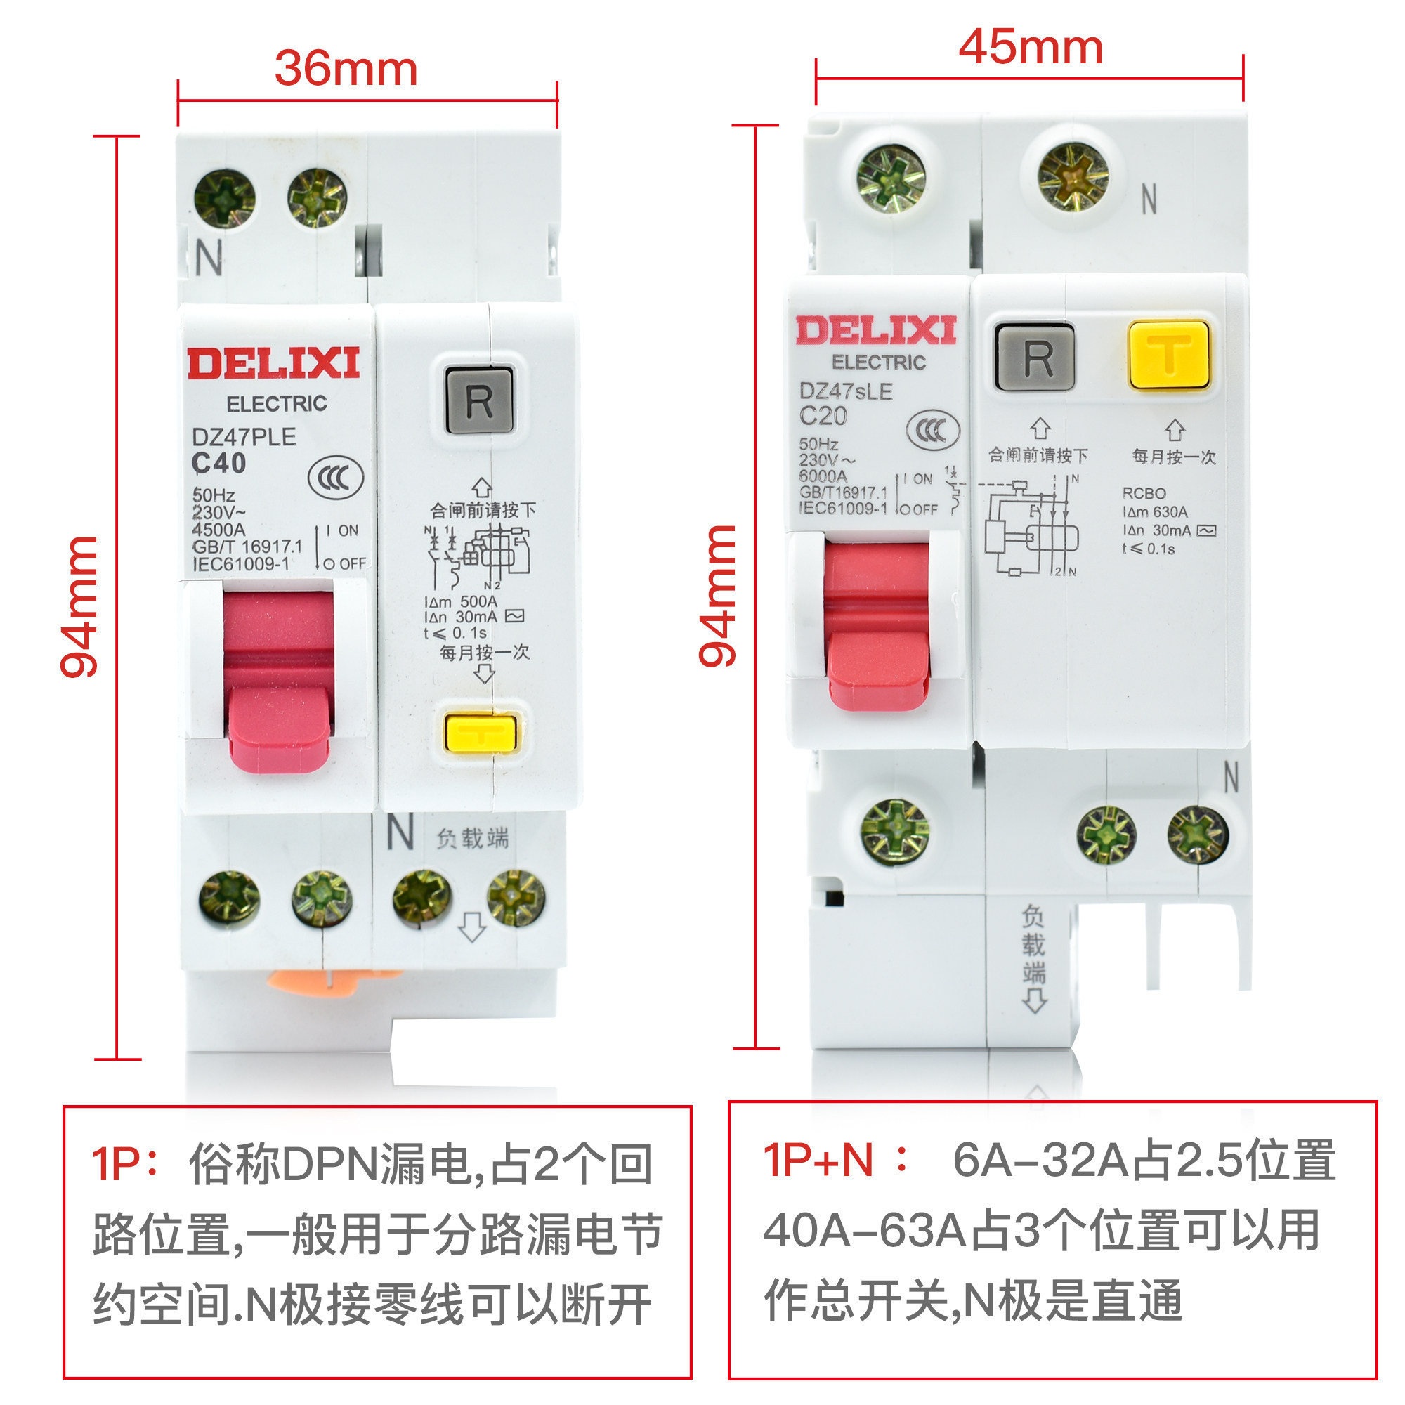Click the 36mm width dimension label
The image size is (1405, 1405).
(346, 69)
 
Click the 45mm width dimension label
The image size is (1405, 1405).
(1031, 47)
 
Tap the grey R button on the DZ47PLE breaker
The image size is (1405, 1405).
(479, 400)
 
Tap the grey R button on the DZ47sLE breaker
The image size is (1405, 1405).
(1035, 357)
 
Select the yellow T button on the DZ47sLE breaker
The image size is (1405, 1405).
(1169, 355)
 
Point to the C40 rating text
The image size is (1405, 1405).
(219, 463)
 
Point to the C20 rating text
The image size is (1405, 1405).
(823, 416)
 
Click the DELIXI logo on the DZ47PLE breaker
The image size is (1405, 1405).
(273, 364)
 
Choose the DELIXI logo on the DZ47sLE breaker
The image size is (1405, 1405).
(875, 331)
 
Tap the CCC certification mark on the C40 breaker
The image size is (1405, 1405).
(335, 478)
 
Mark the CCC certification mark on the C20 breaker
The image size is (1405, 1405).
(932, 430)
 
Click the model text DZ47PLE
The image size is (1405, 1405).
(244, 437)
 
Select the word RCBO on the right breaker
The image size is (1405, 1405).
(1144, 493)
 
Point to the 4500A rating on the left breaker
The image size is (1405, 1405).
(219, 530)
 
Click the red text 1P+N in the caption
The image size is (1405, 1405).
(818, 1160)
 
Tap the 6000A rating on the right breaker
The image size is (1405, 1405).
(823, 476)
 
